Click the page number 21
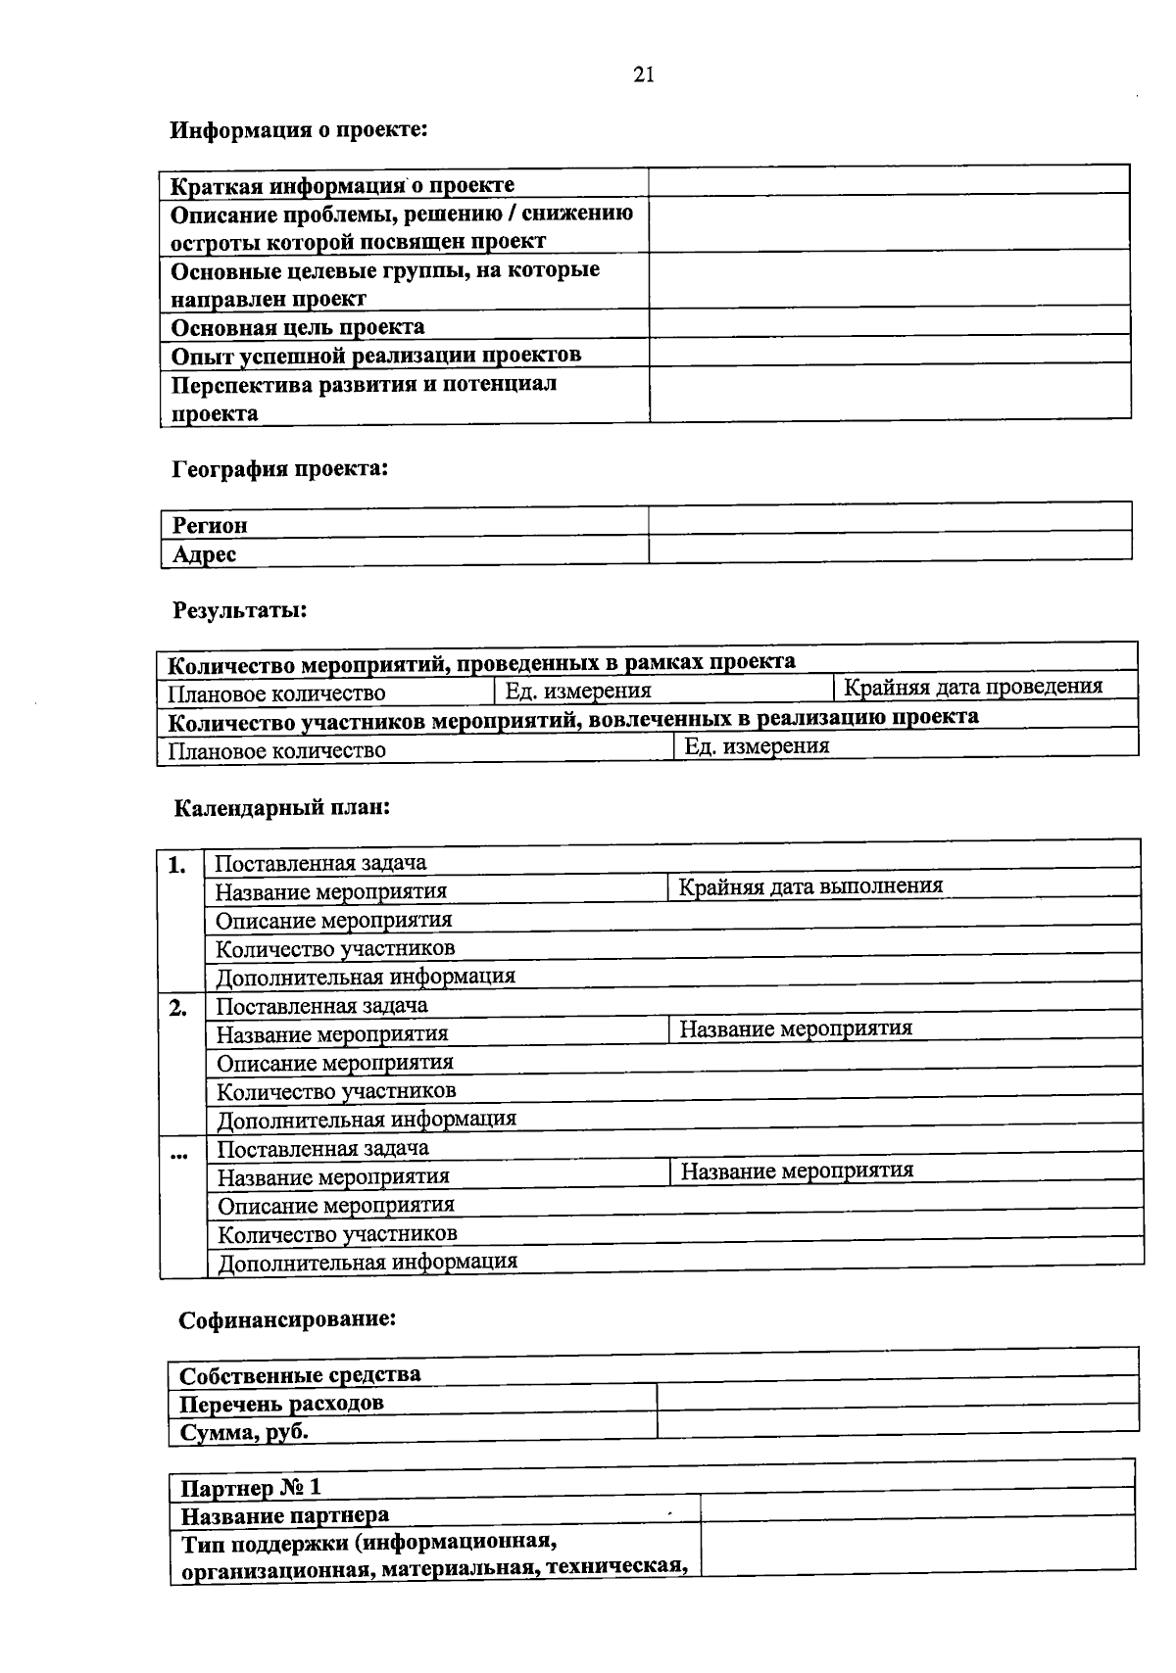[644, 75]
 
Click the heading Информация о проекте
[299, 129]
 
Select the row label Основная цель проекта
[298, 327]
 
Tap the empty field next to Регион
[889, 518]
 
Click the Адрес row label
[205, 554]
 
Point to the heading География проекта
[280, 469]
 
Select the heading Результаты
[240, 610]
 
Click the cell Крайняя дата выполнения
[810, 886]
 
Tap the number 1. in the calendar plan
[177, 865]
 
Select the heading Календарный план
[282, 809]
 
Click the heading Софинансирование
[287, 1319]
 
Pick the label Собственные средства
[300, 1374]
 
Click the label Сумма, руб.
[243, 1432]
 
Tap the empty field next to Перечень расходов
[897, 1396]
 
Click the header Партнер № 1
[250, 1488]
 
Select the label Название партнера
[285, 1516]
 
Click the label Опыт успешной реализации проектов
[376, 355]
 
